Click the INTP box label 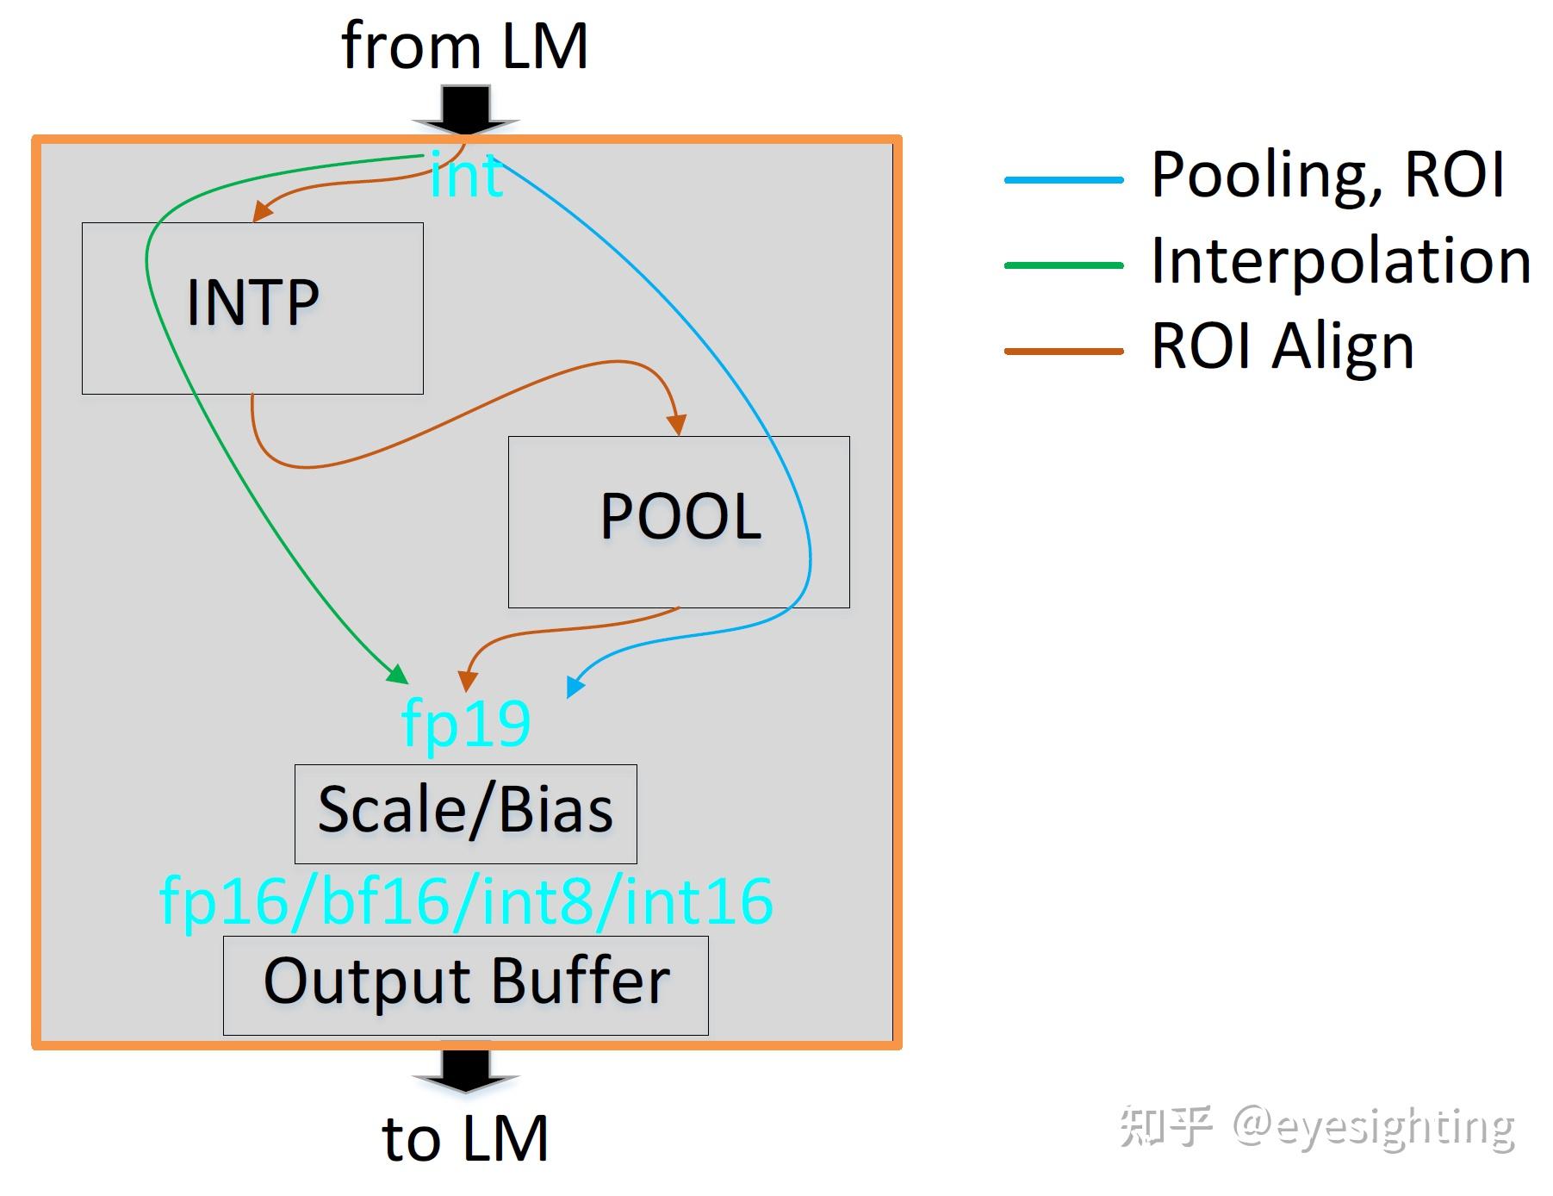click(x=252, y=302)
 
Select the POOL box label click(x=680, y=517)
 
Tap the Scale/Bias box click(x=465, y=813)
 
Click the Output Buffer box click(x=465, y=984)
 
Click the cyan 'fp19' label click(x=466, y=724)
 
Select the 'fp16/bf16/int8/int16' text click(x=466, y=901)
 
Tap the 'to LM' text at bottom click(x=465, y=1138)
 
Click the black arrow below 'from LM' click(x=466, y=110)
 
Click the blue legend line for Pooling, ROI click(x=1064, y=180)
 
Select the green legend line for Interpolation click(x=1064, y=265)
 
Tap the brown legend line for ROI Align click(x=1064, y=351)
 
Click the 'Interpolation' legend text click(x=1340, y=261)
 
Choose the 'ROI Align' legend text click(x=1283, y=346)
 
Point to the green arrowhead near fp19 click(x=398, y=674)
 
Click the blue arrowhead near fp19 click(x=575, y=686)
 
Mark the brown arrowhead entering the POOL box click(x=677, y=424)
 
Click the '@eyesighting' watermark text click(x=1373, y=1127)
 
